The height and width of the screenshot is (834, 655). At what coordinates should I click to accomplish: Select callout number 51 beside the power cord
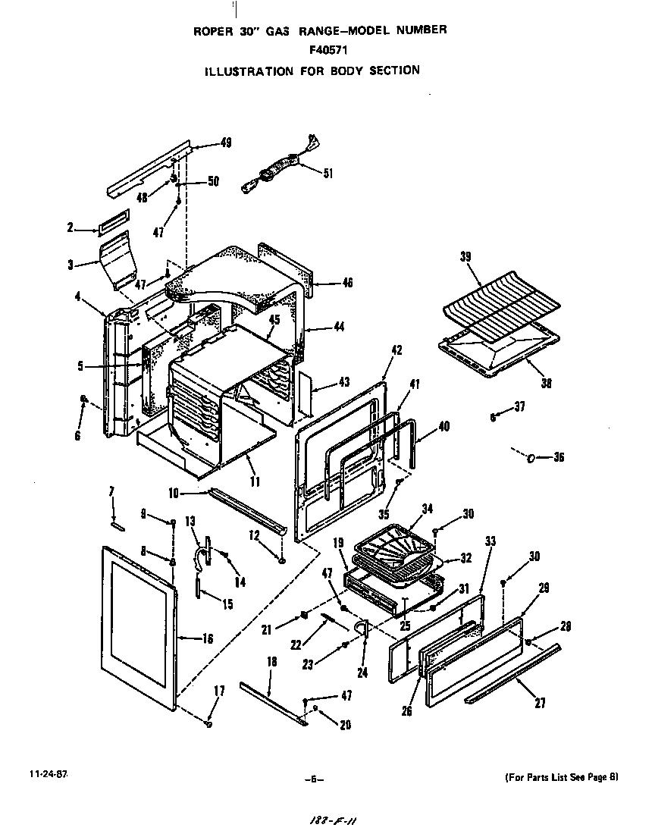click(327, 173)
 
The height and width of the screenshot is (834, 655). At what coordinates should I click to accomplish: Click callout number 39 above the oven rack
click(465, 256)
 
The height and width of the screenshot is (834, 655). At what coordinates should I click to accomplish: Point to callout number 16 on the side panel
click(207, 638)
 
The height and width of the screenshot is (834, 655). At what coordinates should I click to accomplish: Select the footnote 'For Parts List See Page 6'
click(562, 776)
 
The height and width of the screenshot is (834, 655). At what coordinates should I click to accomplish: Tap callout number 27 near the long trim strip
click(539, 703)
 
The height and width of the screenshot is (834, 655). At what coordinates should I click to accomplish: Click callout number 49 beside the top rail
click(226, 142)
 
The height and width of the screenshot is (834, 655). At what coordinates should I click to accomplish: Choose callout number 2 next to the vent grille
click(70, 227)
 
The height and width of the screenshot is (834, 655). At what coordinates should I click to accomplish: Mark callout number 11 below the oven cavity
click(255, 481)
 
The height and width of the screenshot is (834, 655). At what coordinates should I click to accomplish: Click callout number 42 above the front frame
click(396, 350)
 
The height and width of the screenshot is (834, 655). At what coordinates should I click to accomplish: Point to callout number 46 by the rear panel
click(347, 282)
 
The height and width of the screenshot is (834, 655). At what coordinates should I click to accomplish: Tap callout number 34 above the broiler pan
click(428, 508)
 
